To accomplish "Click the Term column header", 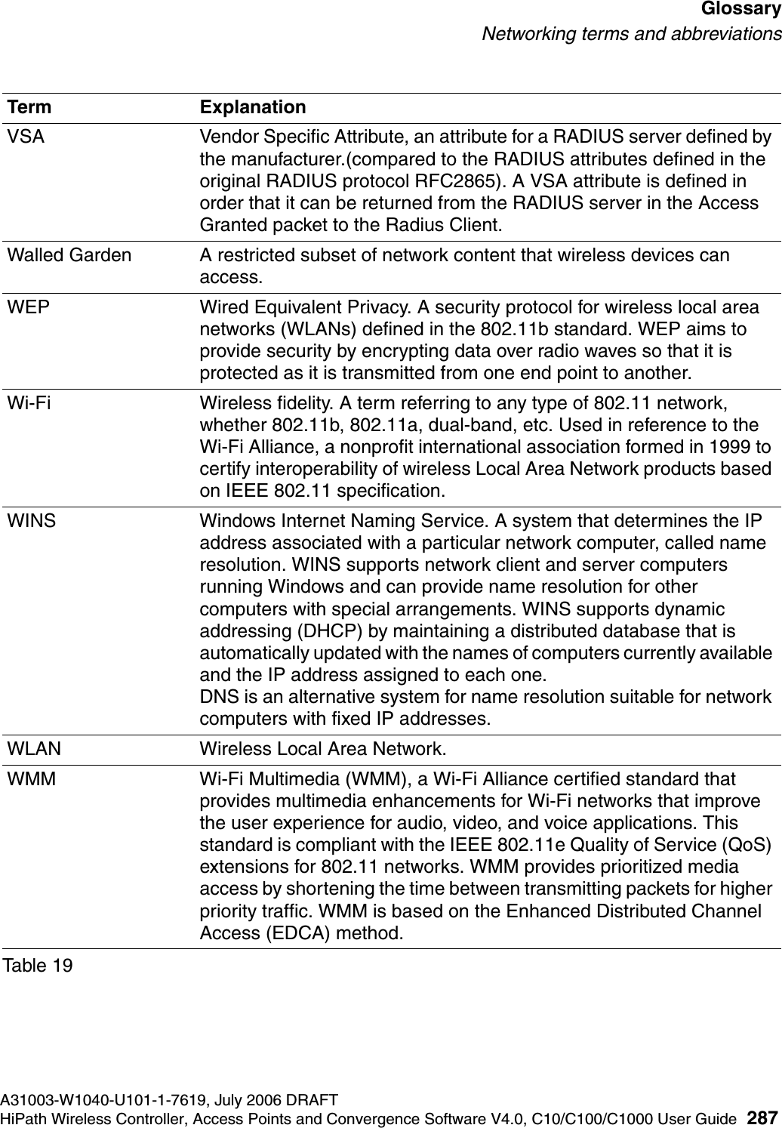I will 29,107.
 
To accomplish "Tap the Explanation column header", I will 253,107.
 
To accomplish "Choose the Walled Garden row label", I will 69,255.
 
